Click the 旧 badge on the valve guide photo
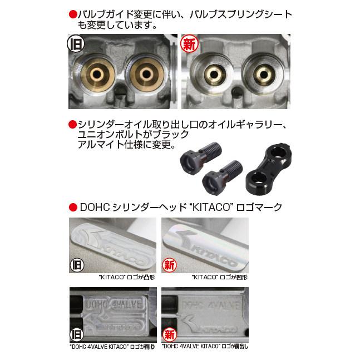[76, 43]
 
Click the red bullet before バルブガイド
[72, 13]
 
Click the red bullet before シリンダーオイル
[72, 124]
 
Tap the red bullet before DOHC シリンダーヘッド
[72, 208]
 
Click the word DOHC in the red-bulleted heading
[92, 208]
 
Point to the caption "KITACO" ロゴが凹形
[219, 277]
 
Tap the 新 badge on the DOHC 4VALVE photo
[169, 334]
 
